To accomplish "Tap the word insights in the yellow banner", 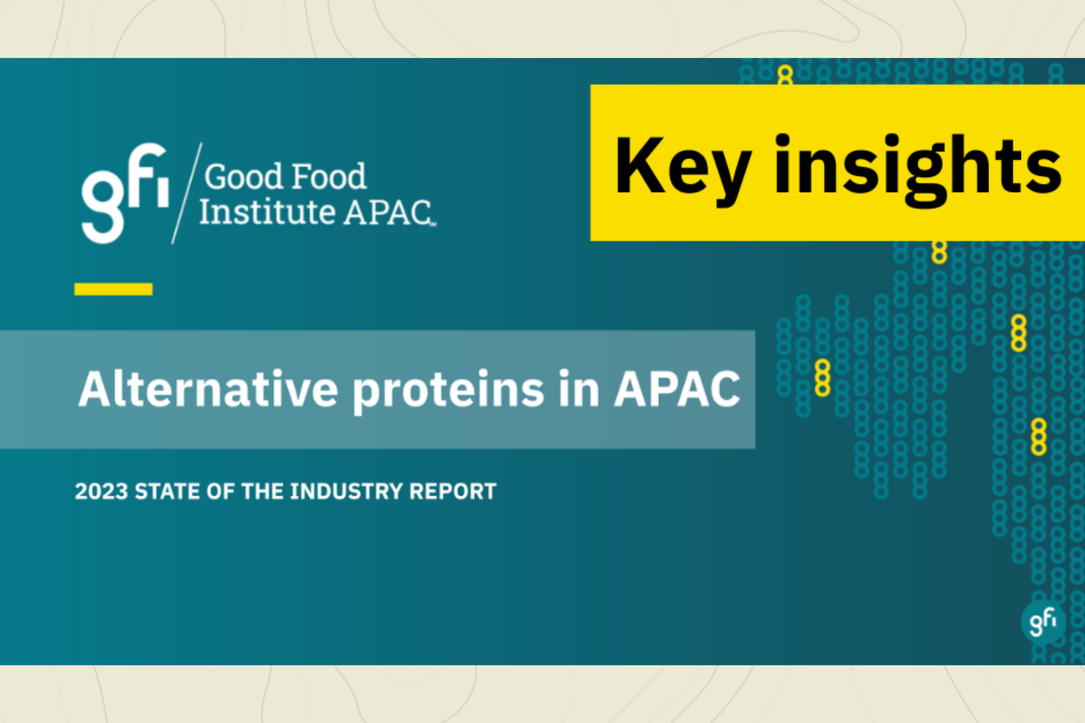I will (917, 168).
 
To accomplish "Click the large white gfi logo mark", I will (124, 193).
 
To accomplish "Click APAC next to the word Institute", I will (388, 212).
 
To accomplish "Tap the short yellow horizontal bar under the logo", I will (113, 289).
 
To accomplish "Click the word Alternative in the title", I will (208, 389).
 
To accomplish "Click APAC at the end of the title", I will (676, 389).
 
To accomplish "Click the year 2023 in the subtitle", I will (101, 491).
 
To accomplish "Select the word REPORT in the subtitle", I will (452, 491).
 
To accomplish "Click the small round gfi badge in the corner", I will (1043, 622).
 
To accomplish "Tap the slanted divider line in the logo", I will (187, 193).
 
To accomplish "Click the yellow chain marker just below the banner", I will (939, 252).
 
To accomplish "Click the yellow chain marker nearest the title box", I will (822, 378).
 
